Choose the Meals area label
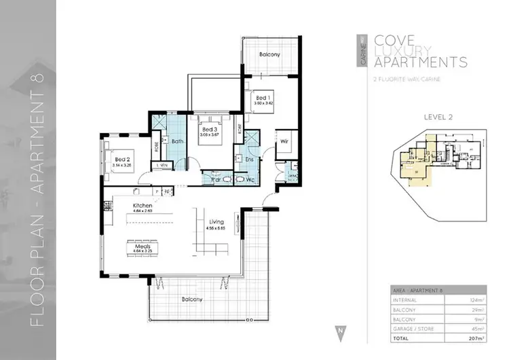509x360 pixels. (x=133, y=248)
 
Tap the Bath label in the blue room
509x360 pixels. (x=178, y=141)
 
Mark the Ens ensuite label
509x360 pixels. (x=249, y=159)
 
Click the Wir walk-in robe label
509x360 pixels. (x=285, y=141)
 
